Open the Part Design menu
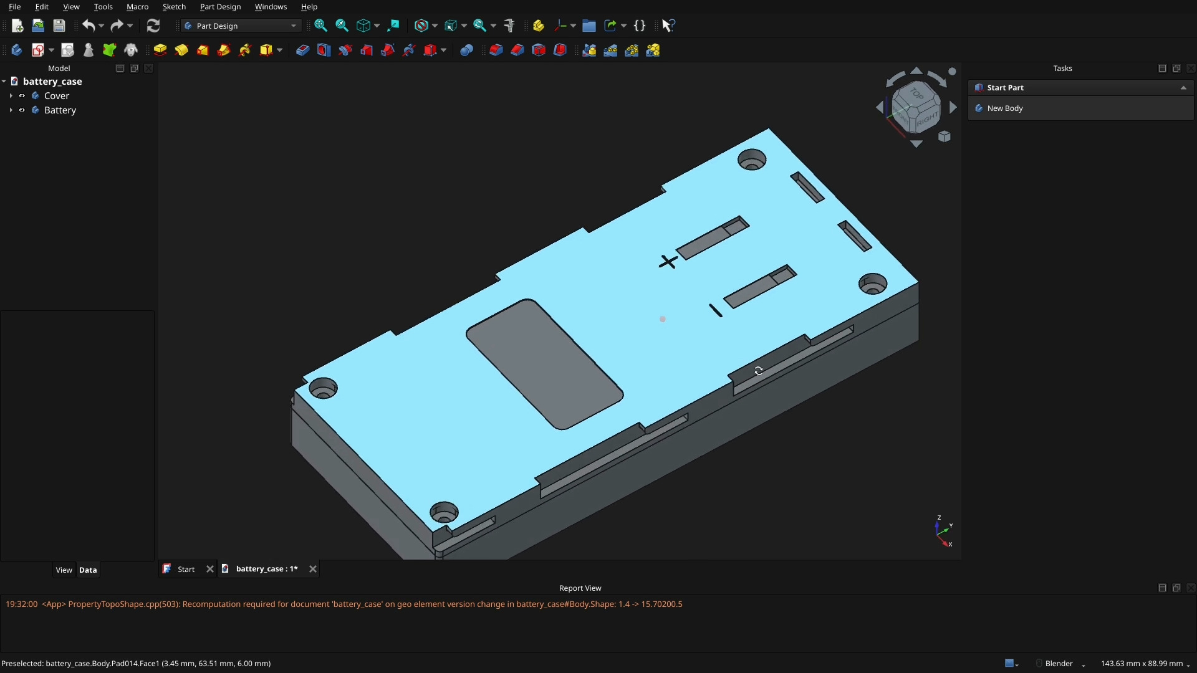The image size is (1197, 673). (220, 7)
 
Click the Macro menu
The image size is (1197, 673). (137, 7)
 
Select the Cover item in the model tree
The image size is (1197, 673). (56, 96)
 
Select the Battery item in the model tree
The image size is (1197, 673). (60, 110)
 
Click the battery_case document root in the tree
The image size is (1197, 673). (52, 82)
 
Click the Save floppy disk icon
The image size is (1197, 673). (59, 26)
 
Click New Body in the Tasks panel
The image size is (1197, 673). (1004, 108)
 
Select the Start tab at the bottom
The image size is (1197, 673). (186, 569)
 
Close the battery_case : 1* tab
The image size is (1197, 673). (313, 569)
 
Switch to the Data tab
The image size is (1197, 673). (88, 570)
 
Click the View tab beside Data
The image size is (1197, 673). (64, 570)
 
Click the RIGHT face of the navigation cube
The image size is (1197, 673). (928, 117)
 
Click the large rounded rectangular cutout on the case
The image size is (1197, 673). (544, 364)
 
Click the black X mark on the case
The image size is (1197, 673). (668, 262)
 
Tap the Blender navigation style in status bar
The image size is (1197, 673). (1059, 664)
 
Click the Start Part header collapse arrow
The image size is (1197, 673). (1183, 88)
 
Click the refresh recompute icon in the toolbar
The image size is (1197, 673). (153, 26)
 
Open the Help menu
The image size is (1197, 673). (309, 7)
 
